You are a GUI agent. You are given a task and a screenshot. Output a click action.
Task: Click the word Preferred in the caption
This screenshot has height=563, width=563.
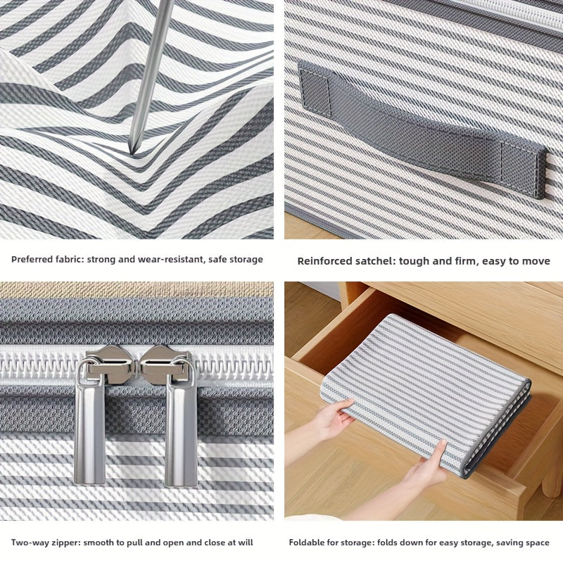point(33,260)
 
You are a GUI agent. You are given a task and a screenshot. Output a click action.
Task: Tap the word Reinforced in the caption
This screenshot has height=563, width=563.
point(324,261)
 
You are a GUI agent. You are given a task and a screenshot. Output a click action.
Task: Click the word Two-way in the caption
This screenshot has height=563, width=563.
point(29,543)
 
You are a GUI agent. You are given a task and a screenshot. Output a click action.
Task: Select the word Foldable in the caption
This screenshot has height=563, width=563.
point(305,543)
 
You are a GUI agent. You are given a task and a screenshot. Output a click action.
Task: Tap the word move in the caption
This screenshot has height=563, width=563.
point(536,261)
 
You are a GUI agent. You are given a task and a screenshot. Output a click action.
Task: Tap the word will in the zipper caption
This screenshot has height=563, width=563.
point(245,543)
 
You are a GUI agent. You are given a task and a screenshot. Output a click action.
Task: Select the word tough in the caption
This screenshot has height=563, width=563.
point(414,261)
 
